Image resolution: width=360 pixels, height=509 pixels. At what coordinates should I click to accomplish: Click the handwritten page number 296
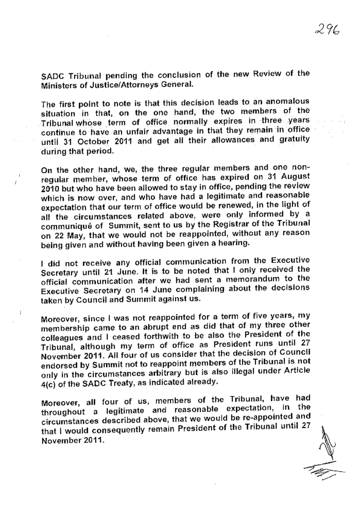328,31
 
